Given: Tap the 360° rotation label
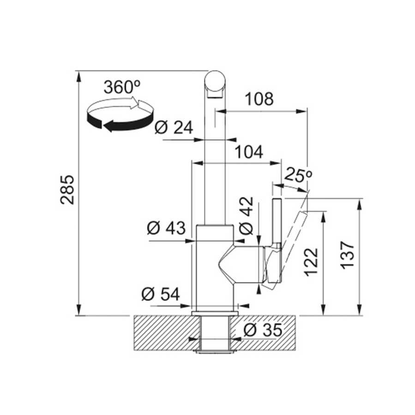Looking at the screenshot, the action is [122, 87].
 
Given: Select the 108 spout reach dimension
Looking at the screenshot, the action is [259, 99].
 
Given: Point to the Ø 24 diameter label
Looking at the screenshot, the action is [174, 127].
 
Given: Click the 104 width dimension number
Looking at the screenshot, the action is [249, 152].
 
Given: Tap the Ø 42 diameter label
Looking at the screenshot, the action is [246, 216].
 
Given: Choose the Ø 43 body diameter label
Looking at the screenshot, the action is [167, 228].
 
